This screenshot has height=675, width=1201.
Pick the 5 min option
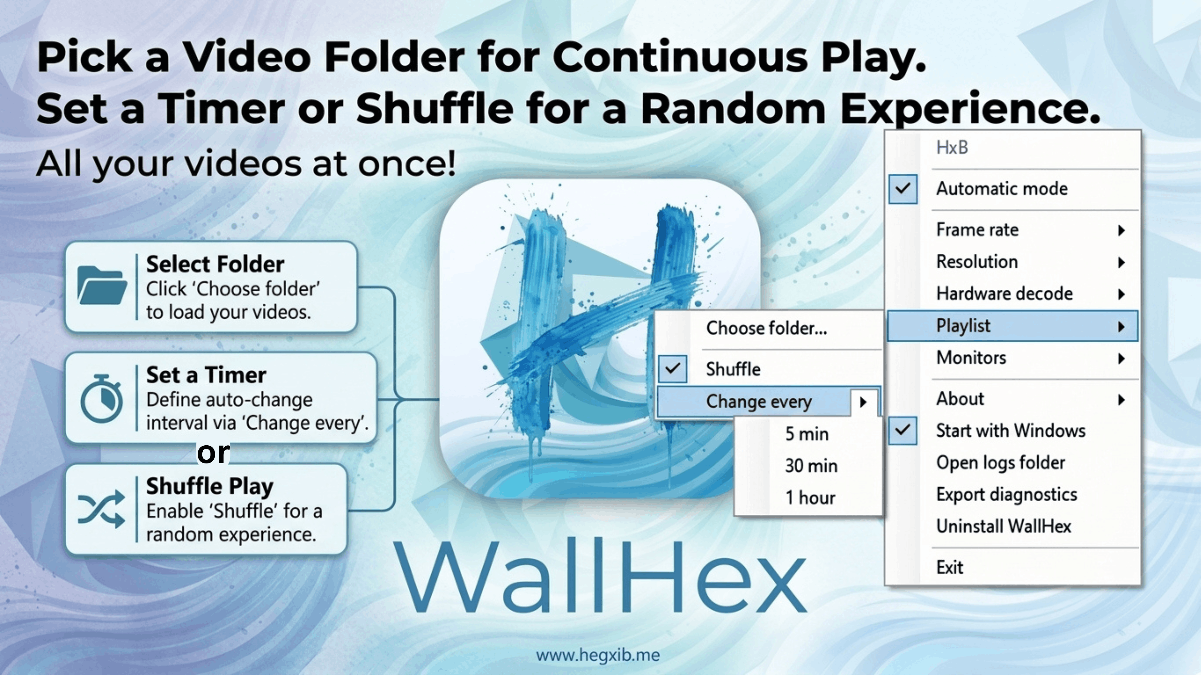point(807,434)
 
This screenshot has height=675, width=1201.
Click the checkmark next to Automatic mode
point(903,189)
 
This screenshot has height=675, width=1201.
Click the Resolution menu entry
point(977,262)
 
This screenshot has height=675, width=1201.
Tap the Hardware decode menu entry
point(1005,293)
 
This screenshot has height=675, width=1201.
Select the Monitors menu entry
point(971,358)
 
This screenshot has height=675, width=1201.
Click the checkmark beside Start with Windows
point(903,430)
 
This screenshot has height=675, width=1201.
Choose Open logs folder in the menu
point(1001,462)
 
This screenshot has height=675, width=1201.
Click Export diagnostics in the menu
point(1006,495)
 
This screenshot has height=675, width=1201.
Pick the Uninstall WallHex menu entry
point(1004,526)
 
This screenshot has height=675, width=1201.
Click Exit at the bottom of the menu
point(950,567)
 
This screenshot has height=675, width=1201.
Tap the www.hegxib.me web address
point(598,655)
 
